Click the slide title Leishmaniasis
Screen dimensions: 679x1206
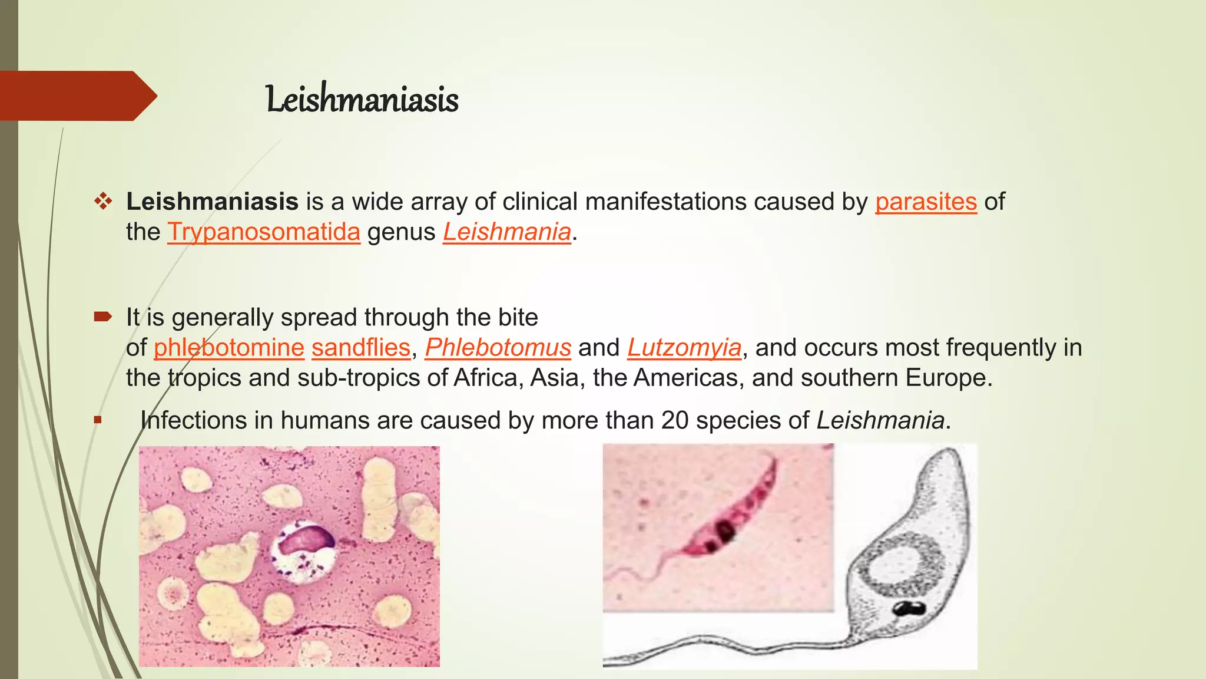point(362,99)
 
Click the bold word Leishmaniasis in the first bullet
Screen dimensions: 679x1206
point(212,202)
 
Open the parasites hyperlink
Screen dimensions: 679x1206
point(926,202)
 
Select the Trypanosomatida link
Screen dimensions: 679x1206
point(264,232)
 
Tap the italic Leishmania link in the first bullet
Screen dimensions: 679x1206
point(507,232)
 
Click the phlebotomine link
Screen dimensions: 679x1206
point(229,348)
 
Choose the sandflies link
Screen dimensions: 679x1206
point(360,348)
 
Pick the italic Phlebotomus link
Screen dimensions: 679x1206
point(498,348)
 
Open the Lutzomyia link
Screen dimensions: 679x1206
point(684,348)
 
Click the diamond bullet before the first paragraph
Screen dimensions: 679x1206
point(103,202)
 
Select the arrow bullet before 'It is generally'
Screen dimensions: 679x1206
point(102,318)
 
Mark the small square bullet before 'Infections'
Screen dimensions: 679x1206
point(98,420)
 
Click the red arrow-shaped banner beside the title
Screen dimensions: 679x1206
point(77,96)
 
